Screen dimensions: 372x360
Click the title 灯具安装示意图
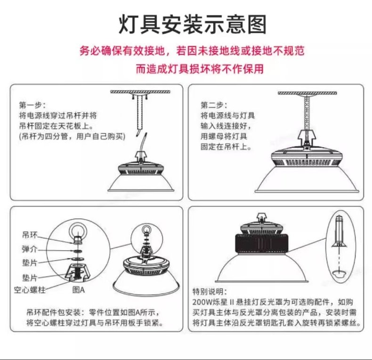click(x=193, y=24)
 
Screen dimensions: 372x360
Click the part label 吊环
click(x=30, y=235)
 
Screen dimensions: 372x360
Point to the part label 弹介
click(x=30, y=249)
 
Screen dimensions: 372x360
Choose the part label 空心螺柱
click(x=30, y=290)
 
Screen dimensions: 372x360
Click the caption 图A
click(x=78, y=290)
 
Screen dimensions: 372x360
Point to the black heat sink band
click(x=262, y=243)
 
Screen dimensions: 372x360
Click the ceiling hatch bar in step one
click(x=140, y=92)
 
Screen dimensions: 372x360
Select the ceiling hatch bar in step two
click(x=307, y=93)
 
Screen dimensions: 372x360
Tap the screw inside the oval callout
click(x=339, y=231)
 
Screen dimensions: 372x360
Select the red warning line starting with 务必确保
click(x=192, y=50)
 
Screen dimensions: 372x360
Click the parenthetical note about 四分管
click(x=72, y=136)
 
